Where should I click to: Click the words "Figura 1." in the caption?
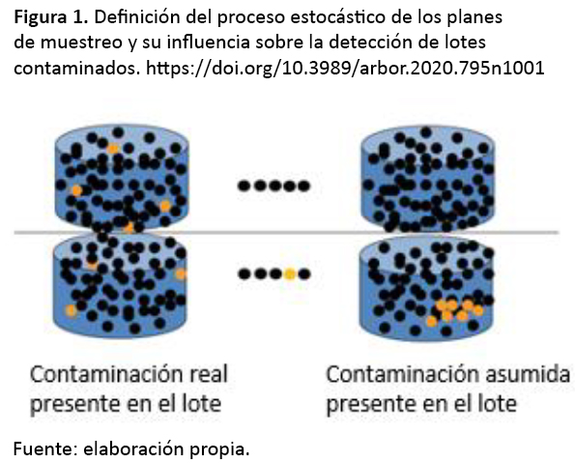[51, 18]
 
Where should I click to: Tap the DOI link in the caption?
[345, 68]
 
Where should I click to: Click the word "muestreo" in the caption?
[81, 43]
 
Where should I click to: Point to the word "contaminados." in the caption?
[77, 69]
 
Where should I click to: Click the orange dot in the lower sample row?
[289, 275]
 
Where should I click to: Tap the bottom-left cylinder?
[120, 286]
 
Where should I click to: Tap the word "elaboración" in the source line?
[134, 449]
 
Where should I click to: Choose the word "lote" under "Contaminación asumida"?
[498, 404]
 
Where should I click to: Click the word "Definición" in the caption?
[137, 17]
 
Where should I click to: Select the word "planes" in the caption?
[474, 18]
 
